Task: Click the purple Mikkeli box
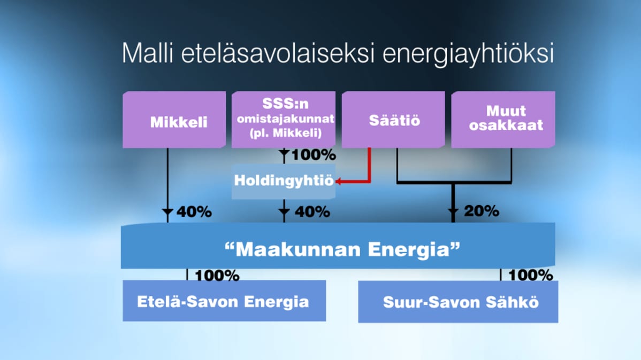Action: pyautogui.click(x=174, y=120)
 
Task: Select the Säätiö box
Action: pyautogui.click(x=393, y=120)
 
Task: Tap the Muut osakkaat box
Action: pyautogui.click(x=503, y=120)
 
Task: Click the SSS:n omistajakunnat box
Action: pyautogui.click(x=284, y=120)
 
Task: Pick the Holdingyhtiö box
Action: pyautogui.click(x=284, y=182)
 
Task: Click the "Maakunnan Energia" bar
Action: pyautogui.click(x=338, y=246)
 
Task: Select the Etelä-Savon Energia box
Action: pyautogui.click(x=224, y=301)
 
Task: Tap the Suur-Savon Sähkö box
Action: pyautogui.click(x=458, y=302)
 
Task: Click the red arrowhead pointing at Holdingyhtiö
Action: pyautogui.click(x=339, y=181)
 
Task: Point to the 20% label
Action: pyautogui.click(x=482, y=211)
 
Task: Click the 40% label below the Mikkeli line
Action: pyautogui.click(x=194, y=212)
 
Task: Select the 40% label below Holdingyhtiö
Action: pyautogui.click(x=312, y=212)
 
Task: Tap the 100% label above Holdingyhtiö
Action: pyautogui.click(x=314, y=155)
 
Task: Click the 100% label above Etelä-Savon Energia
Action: pyautogui.click(x=217, y=275)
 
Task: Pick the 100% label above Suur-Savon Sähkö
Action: pyautogui.click(x=531, y=275)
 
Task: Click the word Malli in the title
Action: pyautogui.click(x=148, y=53)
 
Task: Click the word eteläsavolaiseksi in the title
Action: pyautogui.click(x=278, y=53)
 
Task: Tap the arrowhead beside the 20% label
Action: pyautogui.click(x=453, y=212)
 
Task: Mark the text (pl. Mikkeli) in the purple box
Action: pyautogui.click(x=285, y=133)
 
